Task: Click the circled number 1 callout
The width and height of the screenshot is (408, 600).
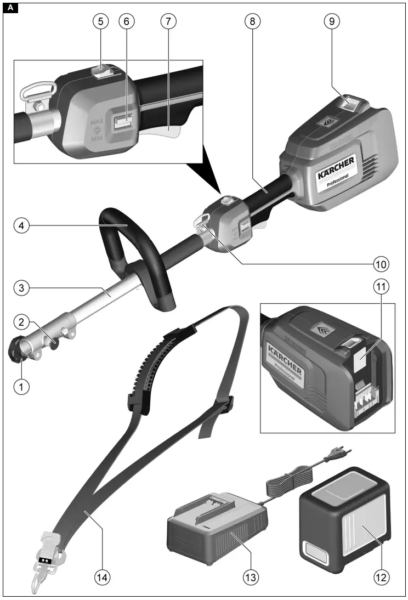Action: (21, 386)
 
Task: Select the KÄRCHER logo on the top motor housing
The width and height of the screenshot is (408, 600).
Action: (336, 167)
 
